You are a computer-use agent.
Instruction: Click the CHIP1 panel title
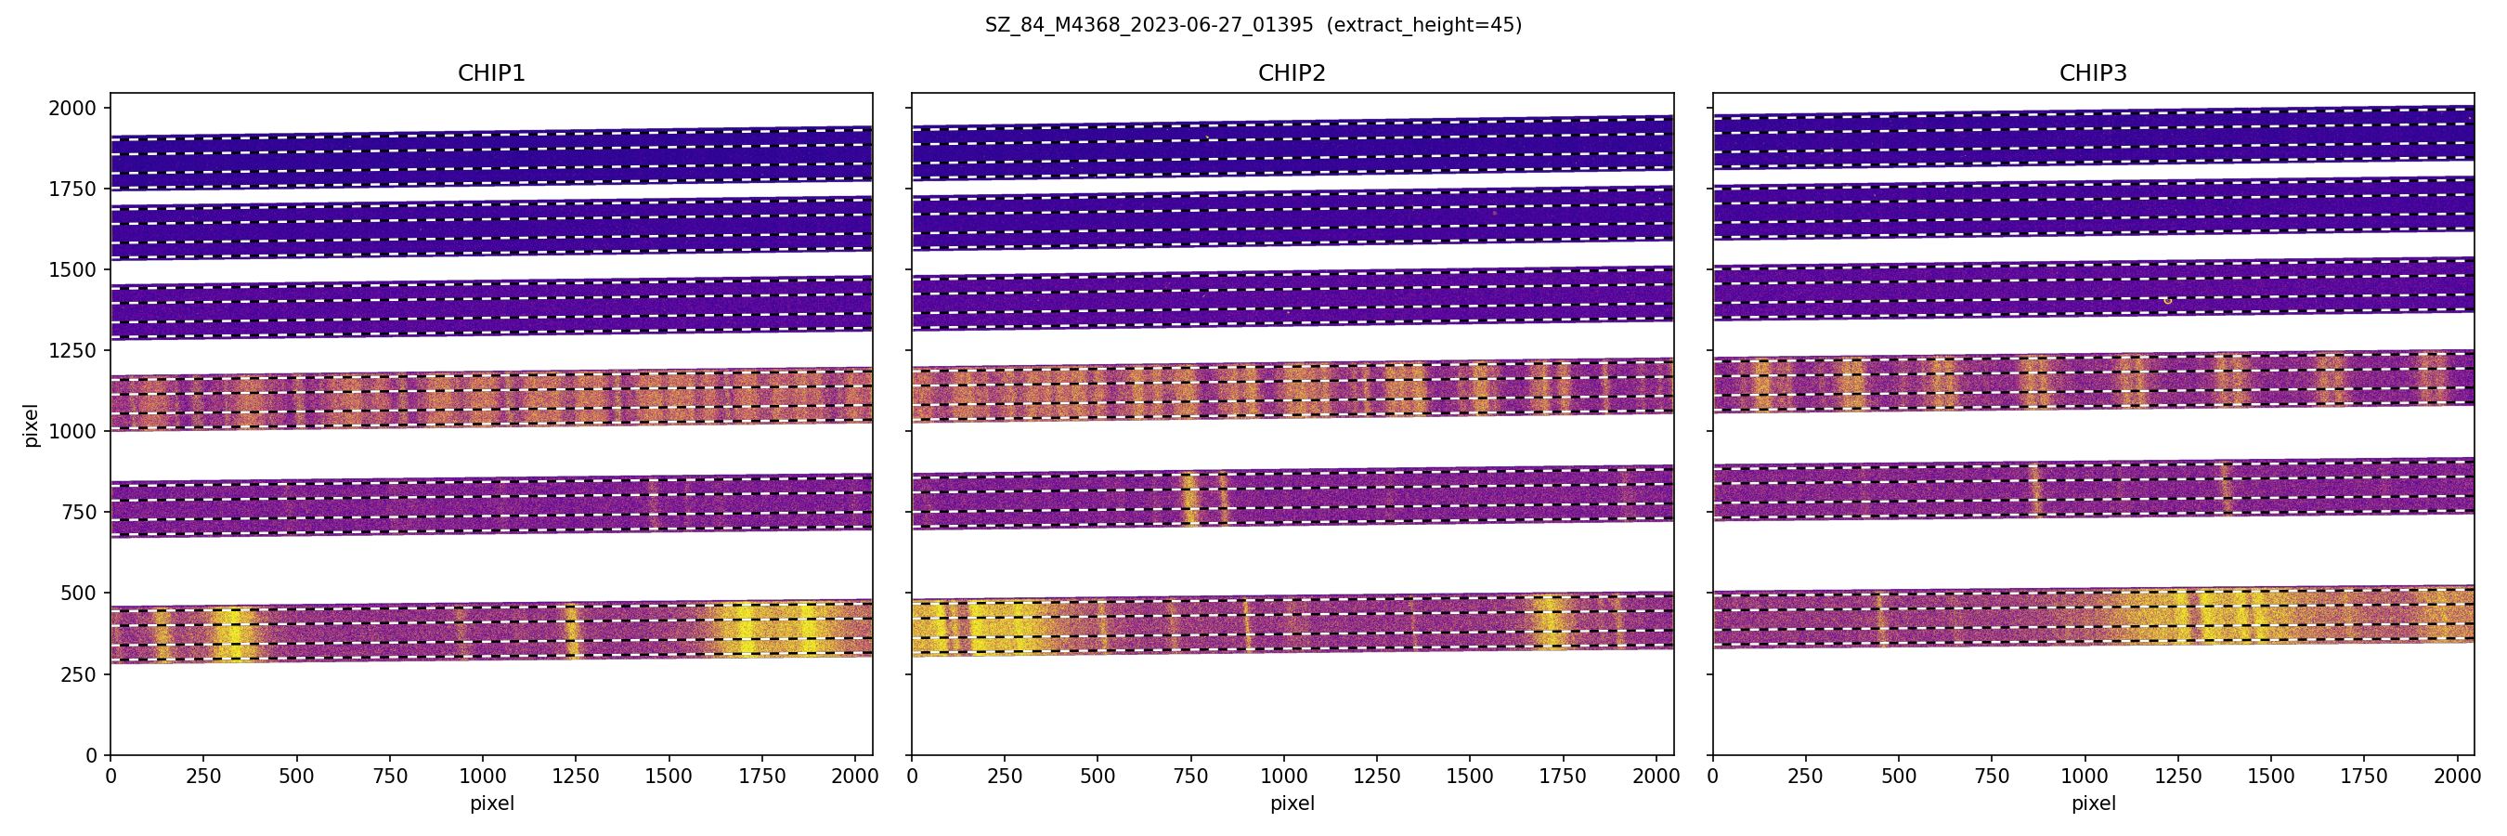(x=491, y=73)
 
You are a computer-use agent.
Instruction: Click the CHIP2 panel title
(x=1292, y=73)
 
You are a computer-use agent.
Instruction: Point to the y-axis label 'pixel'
(x=32, y=425)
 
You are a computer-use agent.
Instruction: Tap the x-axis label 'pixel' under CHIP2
(x=1292, y=803)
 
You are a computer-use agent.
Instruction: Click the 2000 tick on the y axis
(x=73, y=108)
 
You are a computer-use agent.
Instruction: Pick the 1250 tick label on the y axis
(x=73, y=350)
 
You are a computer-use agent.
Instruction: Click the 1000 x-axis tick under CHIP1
(x=483, y=777)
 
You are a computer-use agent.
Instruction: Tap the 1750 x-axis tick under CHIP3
(x=2364, y=777)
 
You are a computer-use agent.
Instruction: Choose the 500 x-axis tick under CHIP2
(x=1098, y=777)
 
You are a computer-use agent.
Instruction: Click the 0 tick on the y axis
(x=92, y=755)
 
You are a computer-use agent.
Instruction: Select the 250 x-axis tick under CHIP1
(x=203, y=777)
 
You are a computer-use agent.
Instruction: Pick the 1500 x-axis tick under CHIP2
(x=1470, y=777)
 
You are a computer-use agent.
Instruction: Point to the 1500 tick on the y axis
(x=73, y=269)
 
